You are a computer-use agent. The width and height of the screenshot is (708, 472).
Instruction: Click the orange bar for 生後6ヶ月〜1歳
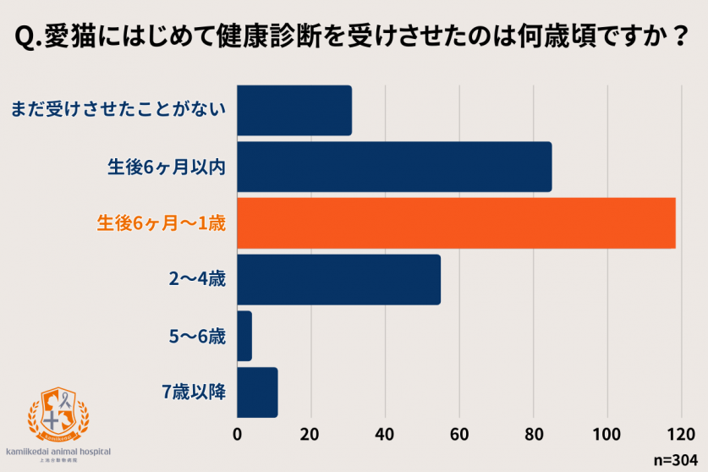click(456, 223)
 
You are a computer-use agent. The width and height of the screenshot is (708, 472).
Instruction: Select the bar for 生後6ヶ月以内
click(394, 167)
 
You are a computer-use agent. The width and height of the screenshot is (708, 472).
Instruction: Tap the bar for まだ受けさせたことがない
click(294, 111)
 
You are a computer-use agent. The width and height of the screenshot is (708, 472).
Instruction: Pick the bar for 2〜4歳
click(338, 279)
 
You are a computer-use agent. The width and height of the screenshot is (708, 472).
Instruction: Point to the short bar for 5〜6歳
click(244, 336)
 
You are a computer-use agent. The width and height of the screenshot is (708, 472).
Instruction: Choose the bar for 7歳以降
click(257, 392)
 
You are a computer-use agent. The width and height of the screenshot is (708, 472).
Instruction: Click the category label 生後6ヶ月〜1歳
click(161, 223)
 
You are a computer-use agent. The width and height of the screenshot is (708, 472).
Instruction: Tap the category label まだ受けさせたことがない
click(118, 111)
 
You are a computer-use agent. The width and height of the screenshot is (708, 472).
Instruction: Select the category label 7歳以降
click(194, 392)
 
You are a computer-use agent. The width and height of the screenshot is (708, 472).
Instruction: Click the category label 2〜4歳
click(197, 279)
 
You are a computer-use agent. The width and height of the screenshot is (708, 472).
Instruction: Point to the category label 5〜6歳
click(197, 336)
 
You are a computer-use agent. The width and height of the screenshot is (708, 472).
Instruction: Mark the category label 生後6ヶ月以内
click(166, 167)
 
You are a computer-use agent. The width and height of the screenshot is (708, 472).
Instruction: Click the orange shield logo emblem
click(58, 414)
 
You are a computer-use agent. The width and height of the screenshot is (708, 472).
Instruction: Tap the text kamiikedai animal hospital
click(58, 452)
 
